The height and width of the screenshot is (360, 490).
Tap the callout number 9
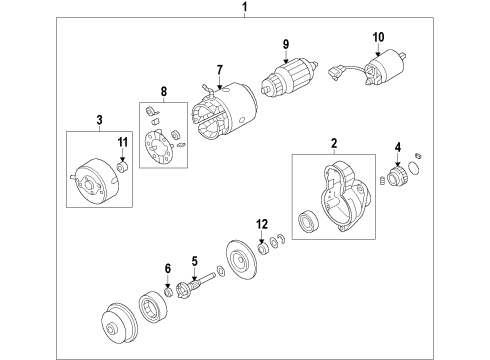tap(285, 43)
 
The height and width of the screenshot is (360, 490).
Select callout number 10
tap(378, 38)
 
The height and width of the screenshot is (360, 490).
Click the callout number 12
tap(263, 223)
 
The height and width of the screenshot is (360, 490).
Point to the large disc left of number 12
tap(238, 259)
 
